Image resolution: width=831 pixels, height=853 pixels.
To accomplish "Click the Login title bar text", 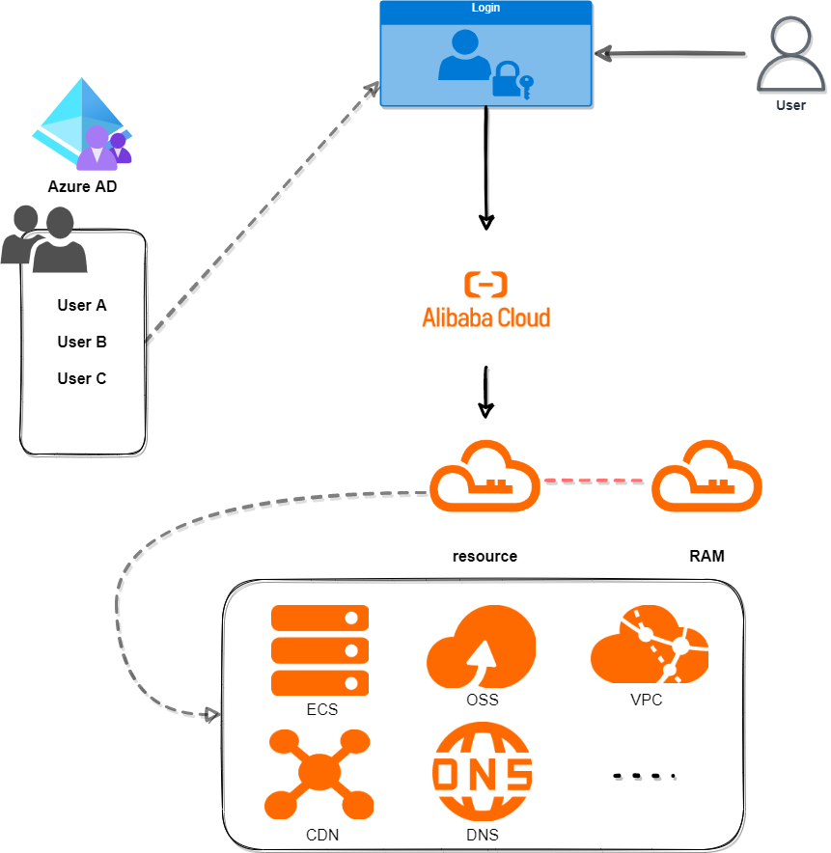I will (485, 9).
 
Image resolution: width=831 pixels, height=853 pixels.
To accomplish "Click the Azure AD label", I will (82, 187).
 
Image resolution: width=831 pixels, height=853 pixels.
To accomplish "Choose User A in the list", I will (82, 306).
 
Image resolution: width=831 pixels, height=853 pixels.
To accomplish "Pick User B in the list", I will (82, 343).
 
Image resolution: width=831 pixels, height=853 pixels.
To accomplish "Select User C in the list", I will (82, 379).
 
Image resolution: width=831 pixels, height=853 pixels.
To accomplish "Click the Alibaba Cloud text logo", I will (486, 317).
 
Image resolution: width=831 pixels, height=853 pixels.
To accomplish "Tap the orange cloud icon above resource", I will (485, 477).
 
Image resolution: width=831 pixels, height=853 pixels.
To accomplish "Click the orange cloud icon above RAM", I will (707, 477).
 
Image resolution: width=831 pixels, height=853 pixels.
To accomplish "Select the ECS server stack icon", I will (320, 651).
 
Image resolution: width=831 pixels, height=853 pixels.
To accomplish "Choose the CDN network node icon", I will (319, 773).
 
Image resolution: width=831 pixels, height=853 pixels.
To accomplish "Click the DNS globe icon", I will (483, 773).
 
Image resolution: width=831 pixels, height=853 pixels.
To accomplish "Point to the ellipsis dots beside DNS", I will (645, 775).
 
